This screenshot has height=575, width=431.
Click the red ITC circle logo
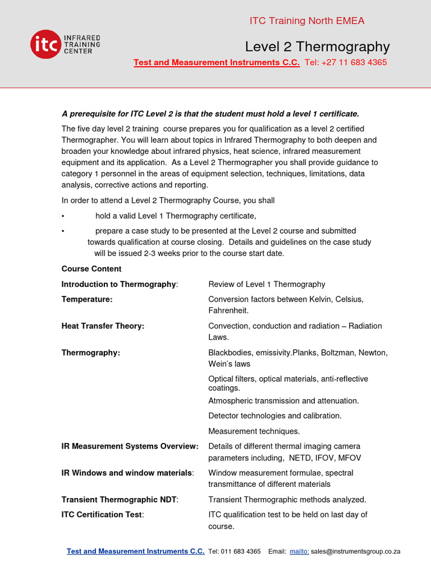click(x=45, y=44)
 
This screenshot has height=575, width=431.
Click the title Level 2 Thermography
click(x=317, y=46)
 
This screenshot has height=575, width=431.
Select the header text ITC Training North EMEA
click(x=307, y=21)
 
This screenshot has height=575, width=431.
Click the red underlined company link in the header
click(x=217, y=62)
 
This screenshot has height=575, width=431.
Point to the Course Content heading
click(x=91, y=269)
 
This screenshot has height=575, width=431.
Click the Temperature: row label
click(x=87, y=299)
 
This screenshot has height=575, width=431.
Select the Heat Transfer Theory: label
click(x=103, y=326)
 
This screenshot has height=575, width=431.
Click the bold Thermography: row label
click(x=91, y=353)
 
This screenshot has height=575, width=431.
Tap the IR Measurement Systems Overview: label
click(x=130, y=446)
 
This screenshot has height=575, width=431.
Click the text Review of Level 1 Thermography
click(x=267, y=284)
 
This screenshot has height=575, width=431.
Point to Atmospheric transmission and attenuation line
click(x=283, y=401)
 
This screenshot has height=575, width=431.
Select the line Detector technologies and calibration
click(x=275, y=416)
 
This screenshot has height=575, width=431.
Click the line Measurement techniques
click(x=254, y=431)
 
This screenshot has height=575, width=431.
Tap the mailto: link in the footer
click(x=299, y=551)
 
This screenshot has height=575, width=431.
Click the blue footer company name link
click(x=135, y=551)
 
